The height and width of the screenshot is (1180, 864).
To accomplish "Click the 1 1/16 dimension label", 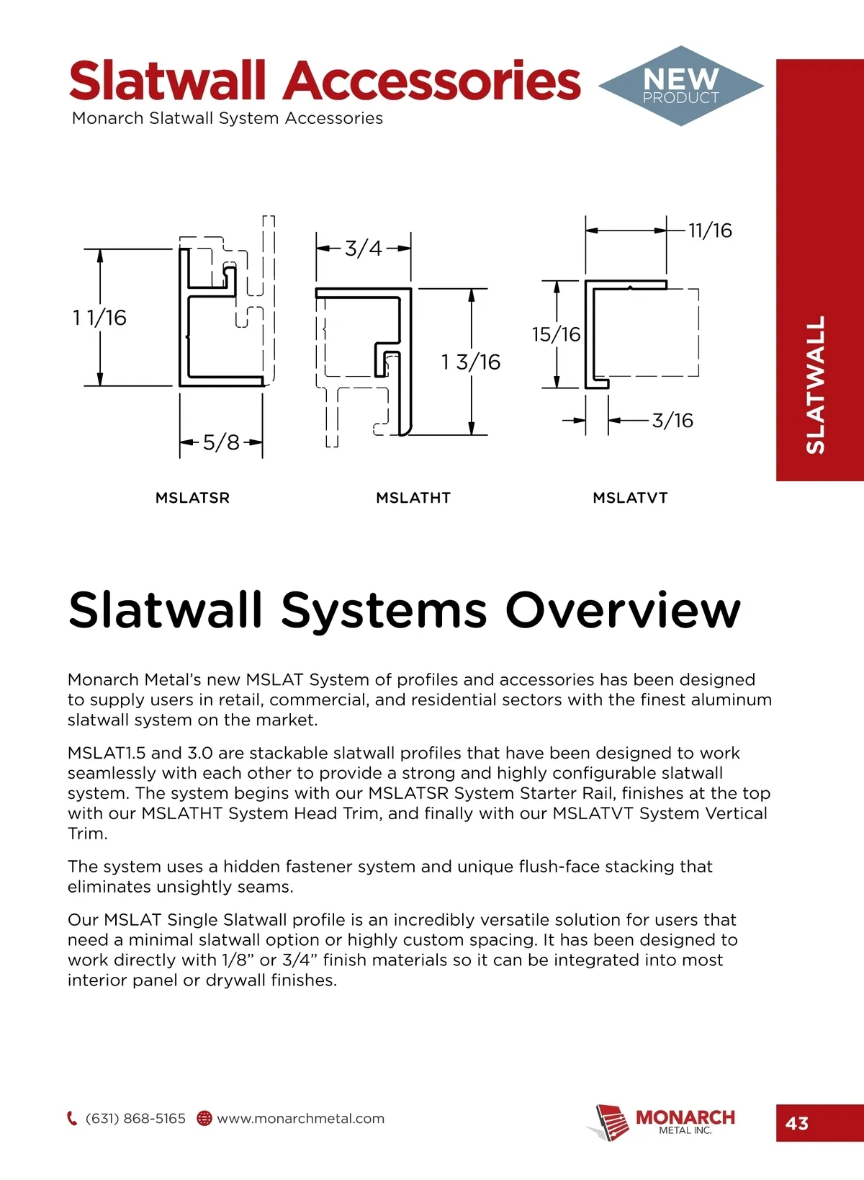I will pyautogui.click(x=99, y=318).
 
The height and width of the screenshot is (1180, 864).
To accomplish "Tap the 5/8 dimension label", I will pyautogui.click(x=221, y=442).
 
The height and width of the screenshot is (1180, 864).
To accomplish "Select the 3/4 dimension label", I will pyautogui.click(x=363, y=249).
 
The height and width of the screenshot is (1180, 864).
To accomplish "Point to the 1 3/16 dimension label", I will pyautogui.click(x=471, y=362).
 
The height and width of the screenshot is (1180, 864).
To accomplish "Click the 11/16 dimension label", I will pyautogui.click(x=710, y=231).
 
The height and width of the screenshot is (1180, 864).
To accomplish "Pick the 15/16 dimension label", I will pyautogui.click(x=556, y=334).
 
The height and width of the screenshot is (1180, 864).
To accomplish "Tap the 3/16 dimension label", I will pyautogui.click(x=672, y=420).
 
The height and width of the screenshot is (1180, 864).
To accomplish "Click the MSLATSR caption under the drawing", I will pyautogui.click(x=192, y=498).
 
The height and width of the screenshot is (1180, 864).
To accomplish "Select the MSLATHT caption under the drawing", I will pyautogui.click(x=413, y=498).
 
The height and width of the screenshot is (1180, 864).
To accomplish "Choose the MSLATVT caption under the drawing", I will pyautogui.click(x=630, y=498).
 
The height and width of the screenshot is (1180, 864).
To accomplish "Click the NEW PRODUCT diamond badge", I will pyautogui.click(x=680, y=86).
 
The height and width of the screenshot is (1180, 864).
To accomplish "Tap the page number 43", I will pyautogui.click(x=797, y=1123).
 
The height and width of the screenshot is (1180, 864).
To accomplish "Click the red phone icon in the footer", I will pyautogui.click(x=72, y=1119).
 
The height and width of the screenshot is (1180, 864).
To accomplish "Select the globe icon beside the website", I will pyautogui.click(x=204, y=1119).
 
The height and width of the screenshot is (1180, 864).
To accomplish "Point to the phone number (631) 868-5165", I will pyautogui.click(x=135, y=1119).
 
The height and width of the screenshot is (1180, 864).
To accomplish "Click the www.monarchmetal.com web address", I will pyautogui.click(x=301, y=1119).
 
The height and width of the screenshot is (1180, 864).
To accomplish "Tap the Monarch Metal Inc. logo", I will pyautogui.click(x=662, y=1121).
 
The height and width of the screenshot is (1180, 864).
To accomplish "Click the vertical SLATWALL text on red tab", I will pyautogui.click(x=815, y=385).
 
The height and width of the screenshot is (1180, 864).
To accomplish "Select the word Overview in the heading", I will pyautogui.click(x=623, y=610).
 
